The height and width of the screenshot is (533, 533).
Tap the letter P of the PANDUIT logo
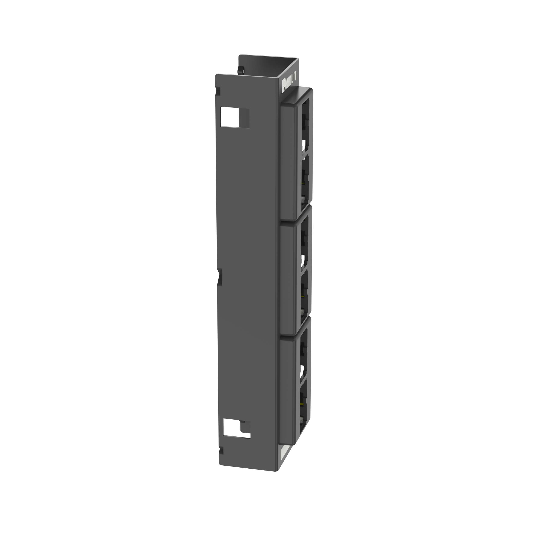(284, 88)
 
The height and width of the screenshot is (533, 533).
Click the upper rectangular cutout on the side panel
(235, 117)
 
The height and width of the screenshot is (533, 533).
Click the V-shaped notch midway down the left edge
(220, 276)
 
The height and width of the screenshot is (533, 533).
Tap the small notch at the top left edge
(218, 91)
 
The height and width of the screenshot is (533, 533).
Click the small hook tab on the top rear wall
(240, 70)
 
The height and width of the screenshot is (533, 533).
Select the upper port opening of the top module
(305, 127)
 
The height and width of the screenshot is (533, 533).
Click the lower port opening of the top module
(305, 181)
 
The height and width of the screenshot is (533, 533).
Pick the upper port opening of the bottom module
(303, 353)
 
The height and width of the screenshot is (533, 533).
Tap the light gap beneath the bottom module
(284, 455)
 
